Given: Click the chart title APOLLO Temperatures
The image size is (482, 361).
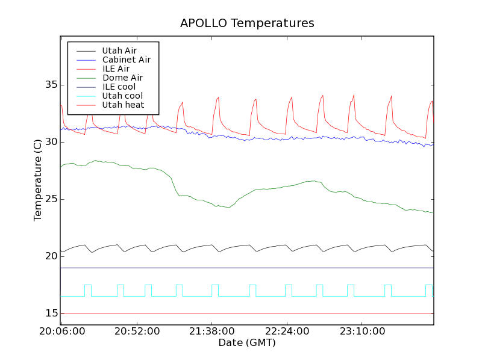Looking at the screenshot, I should [x=247, y=23].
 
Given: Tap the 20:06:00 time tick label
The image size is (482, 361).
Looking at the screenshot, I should [x=61, y=332].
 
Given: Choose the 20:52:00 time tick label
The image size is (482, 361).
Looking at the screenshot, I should [x=137, y=332].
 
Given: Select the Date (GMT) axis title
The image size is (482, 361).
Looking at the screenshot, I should [x=247, y=343].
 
